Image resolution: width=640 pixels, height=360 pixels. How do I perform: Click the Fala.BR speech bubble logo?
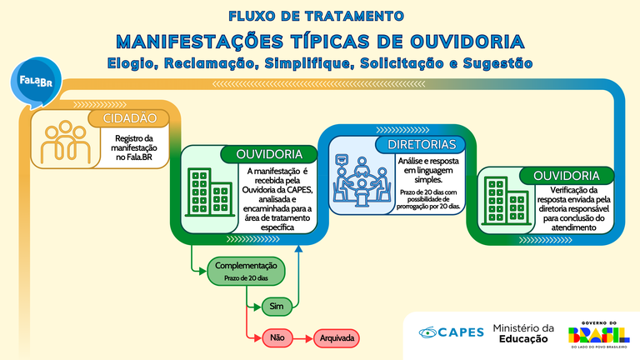36,82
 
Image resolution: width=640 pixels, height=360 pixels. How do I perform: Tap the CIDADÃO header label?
129,118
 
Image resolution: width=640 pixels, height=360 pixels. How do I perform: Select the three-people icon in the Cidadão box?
65,142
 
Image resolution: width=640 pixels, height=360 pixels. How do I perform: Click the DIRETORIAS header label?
422,144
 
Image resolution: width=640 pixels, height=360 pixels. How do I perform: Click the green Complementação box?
246,271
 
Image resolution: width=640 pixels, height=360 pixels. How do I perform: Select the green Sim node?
277,306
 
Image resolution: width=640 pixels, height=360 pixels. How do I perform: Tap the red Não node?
277,338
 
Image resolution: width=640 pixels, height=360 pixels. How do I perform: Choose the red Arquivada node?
337,338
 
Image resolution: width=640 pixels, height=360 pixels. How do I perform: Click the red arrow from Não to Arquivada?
303,338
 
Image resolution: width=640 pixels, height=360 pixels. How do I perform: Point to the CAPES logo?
451,332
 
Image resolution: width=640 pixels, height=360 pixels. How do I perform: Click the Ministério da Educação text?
523,333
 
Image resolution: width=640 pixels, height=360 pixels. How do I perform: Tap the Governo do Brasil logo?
599,335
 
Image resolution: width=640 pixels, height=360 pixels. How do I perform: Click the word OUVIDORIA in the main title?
467,42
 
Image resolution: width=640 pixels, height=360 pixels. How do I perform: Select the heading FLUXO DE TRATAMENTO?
317,16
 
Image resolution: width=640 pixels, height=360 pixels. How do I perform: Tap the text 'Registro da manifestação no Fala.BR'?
134,147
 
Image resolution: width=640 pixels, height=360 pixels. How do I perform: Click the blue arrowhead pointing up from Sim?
298,248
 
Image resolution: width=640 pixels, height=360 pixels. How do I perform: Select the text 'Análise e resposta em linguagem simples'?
428,170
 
